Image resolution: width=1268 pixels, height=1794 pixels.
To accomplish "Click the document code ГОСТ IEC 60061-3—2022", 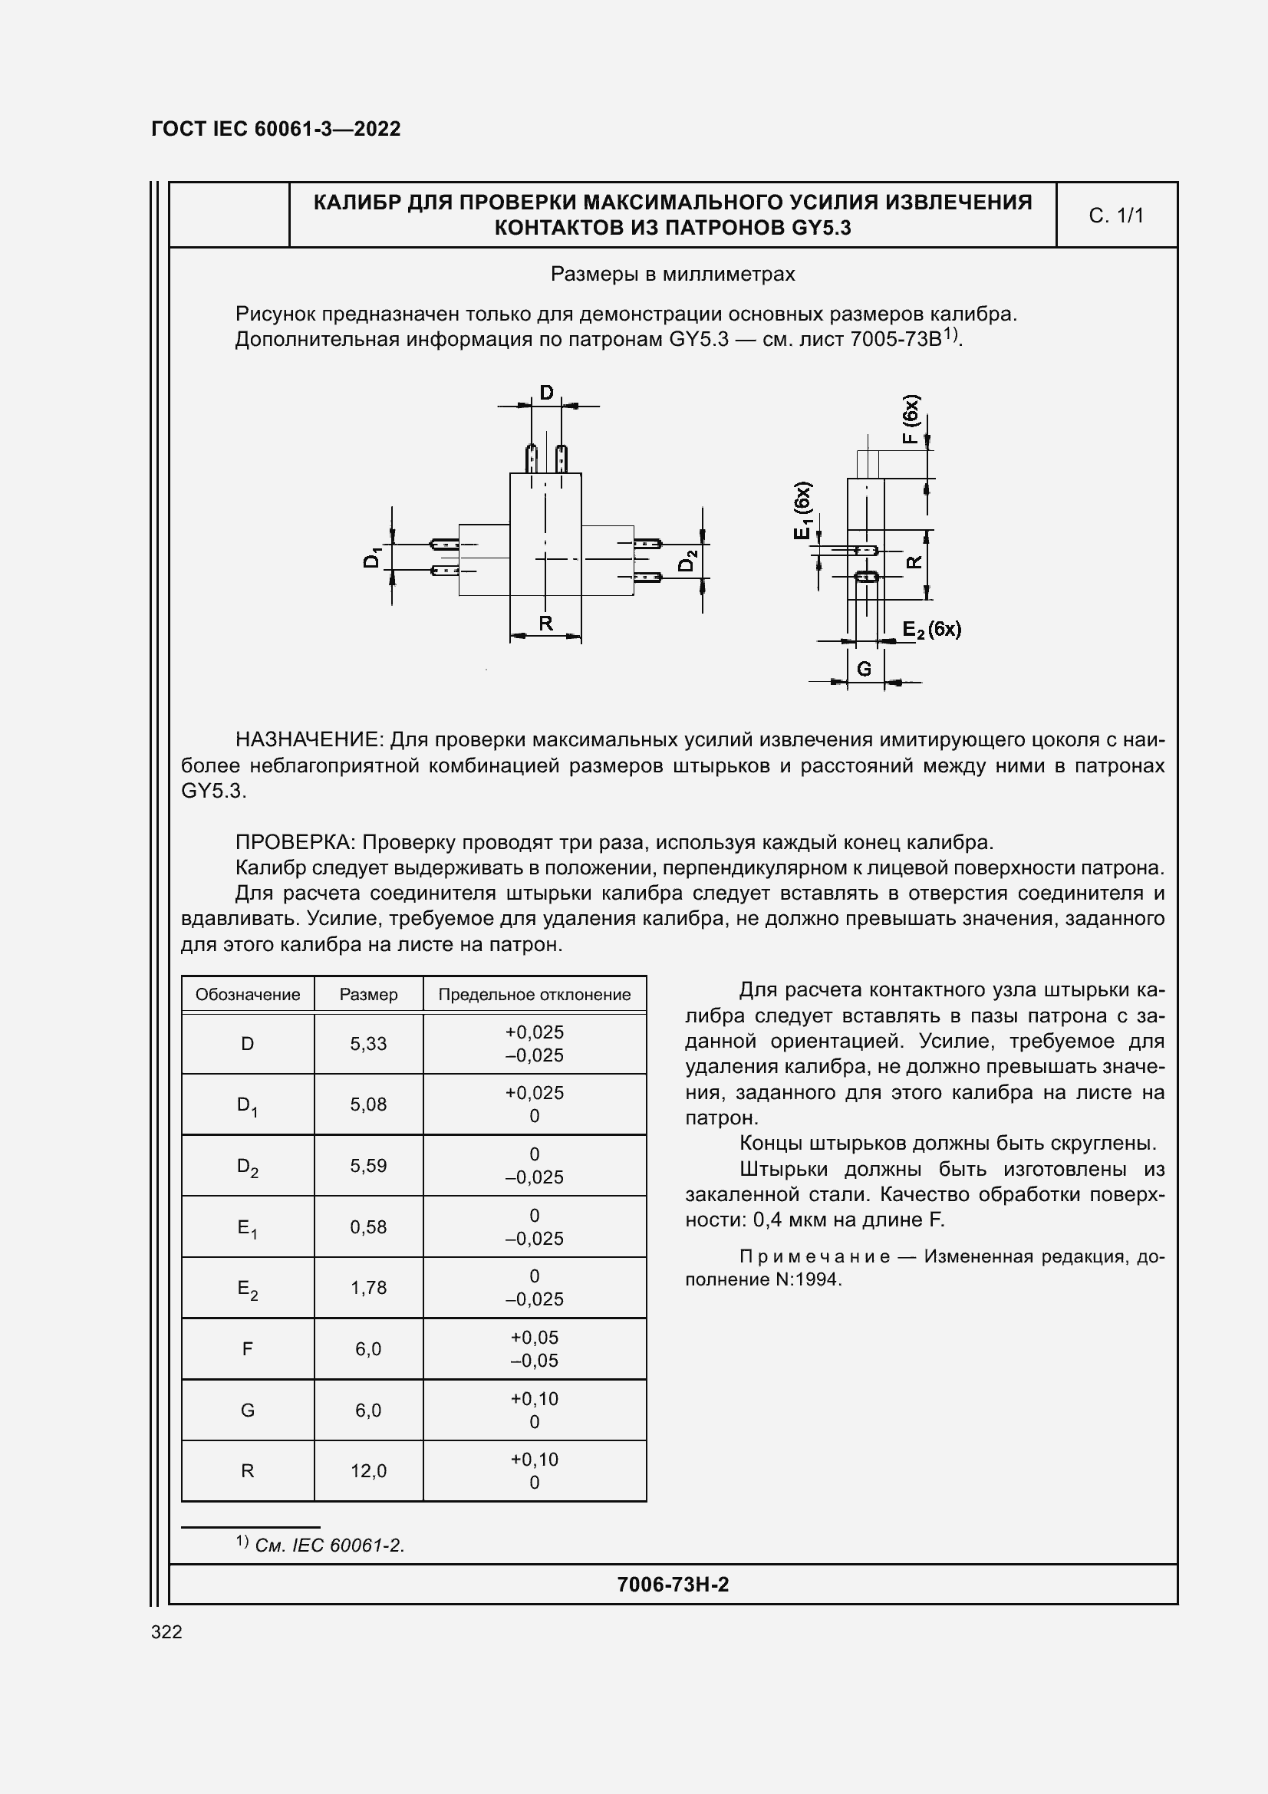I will click(275, 129).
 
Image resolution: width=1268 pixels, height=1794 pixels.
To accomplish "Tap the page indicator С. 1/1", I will click(1115, 216).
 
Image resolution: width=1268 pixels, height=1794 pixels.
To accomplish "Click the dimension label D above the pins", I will click(546, 392).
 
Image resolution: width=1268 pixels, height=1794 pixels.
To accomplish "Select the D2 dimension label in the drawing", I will click(687, 561).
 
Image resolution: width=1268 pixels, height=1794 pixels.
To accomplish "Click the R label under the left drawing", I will click(545, 623).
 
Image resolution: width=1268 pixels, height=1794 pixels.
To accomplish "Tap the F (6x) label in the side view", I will click(911, 420).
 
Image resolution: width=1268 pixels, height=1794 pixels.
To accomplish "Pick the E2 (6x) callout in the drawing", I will click(931, 630).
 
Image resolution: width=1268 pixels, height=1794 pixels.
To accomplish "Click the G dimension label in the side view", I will click(864, 669).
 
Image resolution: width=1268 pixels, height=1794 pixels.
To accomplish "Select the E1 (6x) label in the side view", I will click(802, 510).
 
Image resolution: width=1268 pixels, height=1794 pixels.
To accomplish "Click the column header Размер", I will click(368, 995).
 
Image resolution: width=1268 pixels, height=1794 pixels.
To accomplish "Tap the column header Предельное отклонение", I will click(535, 995).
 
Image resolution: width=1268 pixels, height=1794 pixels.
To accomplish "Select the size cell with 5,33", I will click(368, 1044).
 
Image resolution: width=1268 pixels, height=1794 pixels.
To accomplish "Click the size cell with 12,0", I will click(368, 1471).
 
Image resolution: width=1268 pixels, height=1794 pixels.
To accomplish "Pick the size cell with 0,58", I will click(368, 1227).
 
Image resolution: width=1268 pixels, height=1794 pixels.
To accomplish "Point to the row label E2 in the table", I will click(248, 1289).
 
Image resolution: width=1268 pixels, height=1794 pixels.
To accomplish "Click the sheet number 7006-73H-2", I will click(673, 1585).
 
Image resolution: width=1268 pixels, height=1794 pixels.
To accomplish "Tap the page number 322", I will click(166, 1632).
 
